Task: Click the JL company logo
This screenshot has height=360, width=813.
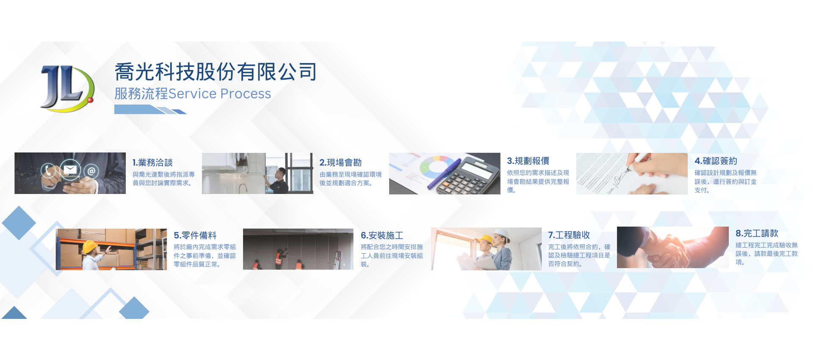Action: pyautogui.click(x=67, y=89)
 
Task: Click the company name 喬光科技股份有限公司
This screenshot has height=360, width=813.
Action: pyautogui.click(x=216, y=72)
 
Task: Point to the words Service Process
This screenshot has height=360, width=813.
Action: pyautogui.click(x=220, y=94)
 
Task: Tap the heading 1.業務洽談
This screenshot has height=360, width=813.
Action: pyautogui.click(x=152, y=163)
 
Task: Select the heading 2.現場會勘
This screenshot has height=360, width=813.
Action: pyautogui.click(x=340, y=163)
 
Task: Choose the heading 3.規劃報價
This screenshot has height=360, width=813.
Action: pyautogui.click(x=528, y=161)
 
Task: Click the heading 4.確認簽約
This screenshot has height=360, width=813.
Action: pyautogui.click(x=716, y=161)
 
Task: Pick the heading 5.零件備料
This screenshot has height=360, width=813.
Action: pyautogui.click(x=195, y=235)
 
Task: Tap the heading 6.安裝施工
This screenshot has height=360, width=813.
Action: pyautogui.click(x=382, y=235)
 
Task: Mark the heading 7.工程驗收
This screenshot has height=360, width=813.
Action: pyautogui.click(x=569, y=235)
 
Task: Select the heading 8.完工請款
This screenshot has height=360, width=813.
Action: pyautogui.click(x=757, y=233)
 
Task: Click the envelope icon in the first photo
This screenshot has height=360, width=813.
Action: pyautogui.click(x=70, y=169)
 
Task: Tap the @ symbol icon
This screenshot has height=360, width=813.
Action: pyautogui.click(x=91, y=172)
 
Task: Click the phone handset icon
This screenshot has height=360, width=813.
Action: pyautogui.click(x=48, y=171)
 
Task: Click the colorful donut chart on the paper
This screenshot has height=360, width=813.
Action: pyautogui.click(x=436, y=167)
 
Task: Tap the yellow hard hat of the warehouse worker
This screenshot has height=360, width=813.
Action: pyautogui.click(x=90, y=246)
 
